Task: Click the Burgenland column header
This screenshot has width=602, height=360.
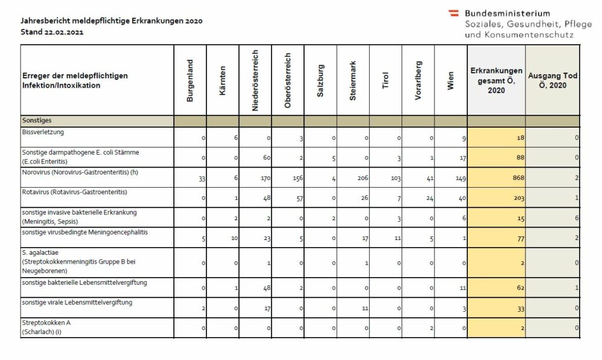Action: click(x=190, y=81)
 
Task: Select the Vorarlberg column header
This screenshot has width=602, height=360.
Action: click(x=418, y=81)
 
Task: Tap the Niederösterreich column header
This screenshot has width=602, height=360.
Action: click(x=255, y=81)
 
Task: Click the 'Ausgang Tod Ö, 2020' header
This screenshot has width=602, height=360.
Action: click(x=553, y=81)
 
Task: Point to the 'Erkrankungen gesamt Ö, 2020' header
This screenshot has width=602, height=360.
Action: click(x=496, y=81)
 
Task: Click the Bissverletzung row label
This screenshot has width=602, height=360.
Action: click(x=43, y=132)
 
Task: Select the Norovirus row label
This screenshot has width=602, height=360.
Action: click(x=80, y=172)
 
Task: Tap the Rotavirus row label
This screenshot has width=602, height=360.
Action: click(x=75, y=192)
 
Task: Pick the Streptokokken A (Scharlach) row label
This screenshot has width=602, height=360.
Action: click(x=46, y=327)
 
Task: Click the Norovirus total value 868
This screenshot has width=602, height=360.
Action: click(x=519, y=178)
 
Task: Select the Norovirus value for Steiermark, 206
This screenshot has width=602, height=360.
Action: click(x=362, y=178)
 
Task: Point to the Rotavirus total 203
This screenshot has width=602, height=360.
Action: click(x=519, y=198)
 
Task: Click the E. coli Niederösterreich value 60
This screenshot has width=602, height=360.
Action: click(x=266, y=158)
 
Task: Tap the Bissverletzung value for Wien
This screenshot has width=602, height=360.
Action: click(x=464, y=138)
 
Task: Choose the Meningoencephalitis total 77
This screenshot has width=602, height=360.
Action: click(x=521, y=239)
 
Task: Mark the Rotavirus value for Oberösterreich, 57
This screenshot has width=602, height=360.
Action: click(x=299, y=198)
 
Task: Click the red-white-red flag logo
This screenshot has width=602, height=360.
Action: click(x=454, y=13)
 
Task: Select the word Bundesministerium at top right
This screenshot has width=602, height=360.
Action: click(x=507, y=14)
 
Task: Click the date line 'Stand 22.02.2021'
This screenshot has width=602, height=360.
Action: click(x=52, y=32)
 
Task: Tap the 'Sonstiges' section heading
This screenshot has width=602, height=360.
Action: click(x=37, y=120)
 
